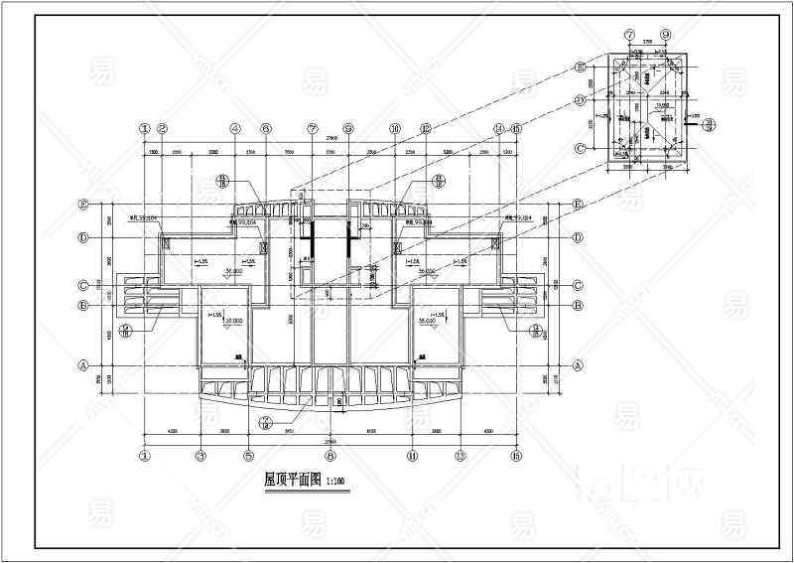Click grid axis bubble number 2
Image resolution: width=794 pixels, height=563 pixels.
163,128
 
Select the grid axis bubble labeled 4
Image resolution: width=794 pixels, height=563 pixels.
236,128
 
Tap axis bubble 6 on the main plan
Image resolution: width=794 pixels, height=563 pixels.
266,128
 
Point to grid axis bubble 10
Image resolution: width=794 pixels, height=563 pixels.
395,128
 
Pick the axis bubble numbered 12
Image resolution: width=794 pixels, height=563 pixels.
426,128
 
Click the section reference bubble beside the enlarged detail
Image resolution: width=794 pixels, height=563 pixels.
723,122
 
